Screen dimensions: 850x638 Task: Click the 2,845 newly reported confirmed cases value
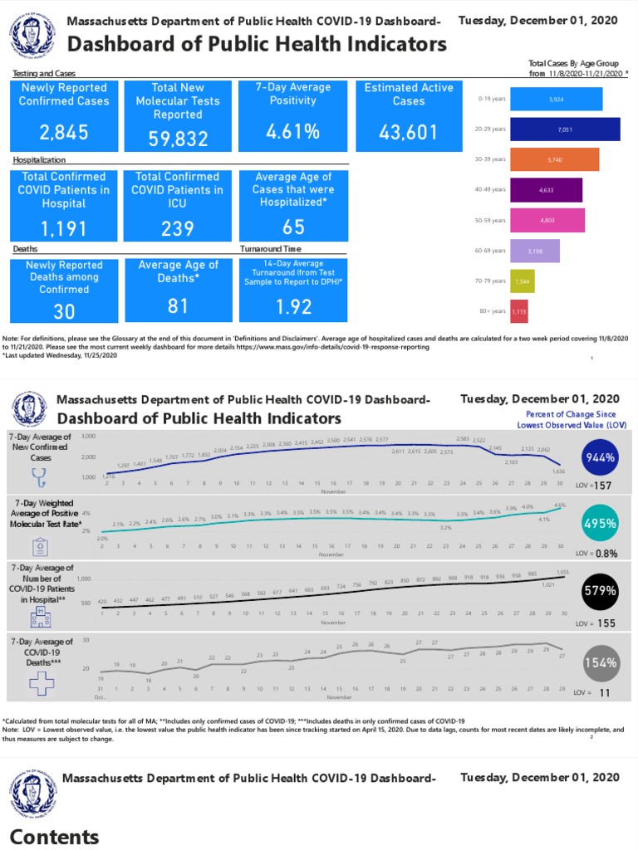65,133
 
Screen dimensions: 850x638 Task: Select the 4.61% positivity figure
293,132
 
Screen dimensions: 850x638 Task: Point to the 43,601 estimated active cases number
410,133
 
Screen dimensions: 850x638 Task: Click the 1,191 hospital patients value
65,228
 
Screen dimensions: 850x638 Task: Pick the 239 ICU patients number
178,228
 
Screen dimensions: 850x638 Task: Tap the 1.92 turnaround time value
293,307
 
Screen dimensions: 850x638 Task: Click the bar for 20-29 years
564,129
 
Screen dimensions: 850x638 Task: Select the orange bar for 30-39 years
554,159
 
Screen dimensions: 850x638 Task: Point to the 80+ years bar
518,311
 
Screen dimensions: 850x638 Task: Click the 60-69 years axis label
491,251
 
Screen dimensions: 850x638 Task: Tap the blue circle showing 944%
600,457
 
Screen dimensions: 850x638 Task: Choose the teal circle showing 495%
600,524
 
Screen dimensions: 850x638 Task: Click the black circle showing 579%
600,591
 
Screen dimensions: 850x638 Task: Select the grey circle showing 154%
600,662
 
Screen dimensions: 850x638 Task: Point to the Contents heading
55,836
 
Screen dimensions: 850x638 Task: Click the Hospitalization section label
39,159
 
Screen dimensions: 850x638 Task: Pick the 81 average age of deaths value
178,306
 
